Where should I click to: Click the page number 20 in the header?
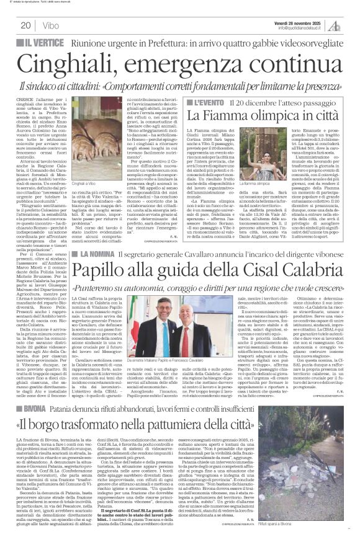tap(25, 25)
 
